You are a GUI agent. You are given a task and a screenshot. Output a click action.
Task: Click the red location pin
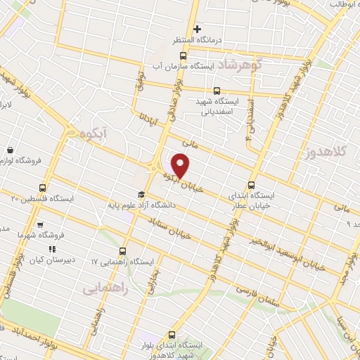click(x=181, y=165)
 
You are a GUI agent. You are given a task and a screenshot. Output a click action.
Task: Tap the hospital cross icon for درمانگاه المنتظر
click(x=198, y=30)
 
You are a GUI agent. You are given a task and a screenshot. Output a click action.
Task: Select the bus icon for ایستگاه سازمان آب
click(x=183, y=56)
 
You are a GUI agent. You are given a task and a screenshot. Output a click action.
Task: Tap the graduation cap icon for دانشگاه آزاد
click(x=141, y=195)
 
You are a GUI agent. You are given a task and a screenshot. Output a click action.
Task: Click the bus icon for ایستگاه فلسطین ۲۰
click(x=43, y=188)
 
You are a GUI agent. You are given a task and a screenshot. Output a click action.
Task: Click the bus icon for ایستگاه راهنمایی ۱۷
click(x=123, y=250)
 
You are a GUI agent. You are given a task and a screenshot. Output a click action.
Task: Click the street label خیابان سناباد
click(x=165, y=224)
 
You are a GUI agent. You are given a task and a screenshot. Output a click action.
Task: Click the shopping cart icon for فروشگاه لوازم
click(x=11, y=150)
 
